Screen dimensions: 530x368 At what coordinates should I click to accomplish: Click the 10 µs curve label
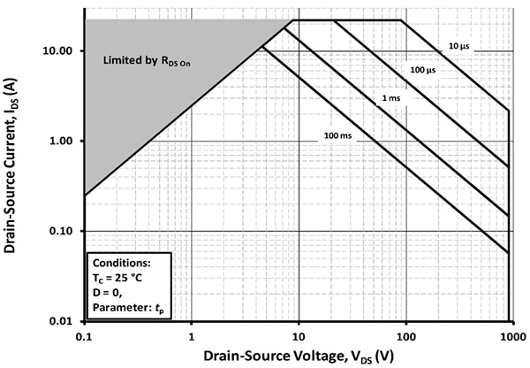pyautogui.click(x=459, y=46)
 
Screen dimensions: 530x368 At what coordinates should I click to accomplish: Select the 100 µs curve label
pyautogui.click(x=423, y=70)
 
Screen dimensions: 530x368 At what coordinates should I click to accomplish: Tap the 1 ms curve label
pyautogui.click(x=391, y=98)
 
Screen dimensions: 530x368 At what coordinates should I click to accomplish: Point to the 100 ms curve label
pyautogui.click(x=337, y=135)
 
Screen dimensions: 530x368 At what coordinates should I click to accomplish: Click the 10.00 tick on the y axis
pyautogui.click(x=57, y=51)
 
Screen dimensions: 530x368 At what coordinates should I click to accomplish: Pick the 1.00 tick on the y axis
pyautogui.click(x=60, y=142)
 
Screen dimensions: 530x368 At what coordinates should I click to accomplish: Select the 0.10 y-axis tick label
pyautogui.click(x=60, y=231)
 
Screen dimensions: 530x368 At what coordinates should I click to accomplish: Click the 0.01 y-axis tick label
pyautogui.click(x=60, y=321)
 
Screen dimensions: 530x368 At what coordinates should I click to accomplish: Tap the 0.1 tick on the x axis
pyautogui.click(x=85, y=337)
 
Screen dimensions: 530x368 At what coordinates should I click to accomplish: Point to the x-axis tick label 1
pyautogui.click(x=192, y=337)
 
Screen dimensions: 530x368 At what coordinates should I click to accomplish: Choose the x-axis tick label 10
pyautogui.click(x=299, y=337)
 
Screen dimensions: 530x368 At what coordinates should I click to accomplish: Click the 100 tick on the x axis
pyautogui.click(x=406, y=337)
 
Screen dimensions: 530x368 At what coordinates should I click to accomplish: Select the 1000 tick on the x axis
pyautogui.click(x=514, y=337)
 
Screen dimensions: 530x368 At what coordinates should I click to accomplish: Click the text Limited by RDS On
pyautogui.click(x=147, y=61)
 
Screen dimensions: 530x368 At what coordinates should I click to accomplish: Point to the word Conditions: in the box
pyautogui.click(x=122, y=263)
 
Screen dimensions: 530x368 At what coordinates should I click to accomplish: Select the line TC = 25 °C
pyautogui.click(x=117, y=279)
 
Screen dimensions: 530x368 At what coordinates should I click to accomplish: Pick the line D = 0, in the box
pyautogui.click(x=108, y=293)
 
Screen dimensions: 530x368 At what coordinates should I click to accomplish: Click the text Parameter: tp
pyautogui.click(x=128, y=308)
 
